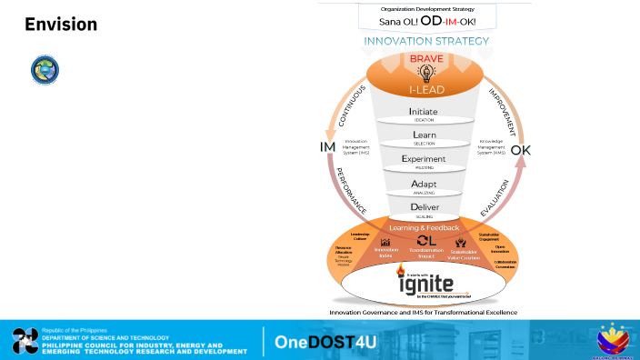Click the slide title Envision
[60, 25]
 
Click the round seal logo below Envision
[43, 70]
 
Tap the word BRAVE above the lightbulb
[425, 58]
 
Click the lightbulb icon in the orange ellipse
[425, 74]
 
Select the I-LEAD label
[425, 90]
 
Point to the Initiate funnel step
[424, 114]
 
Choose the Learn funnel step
[425, 136]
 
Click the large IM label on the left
[327, 148]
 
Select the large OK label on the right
[522, 150]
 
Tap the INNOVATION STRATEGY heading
[426, 41]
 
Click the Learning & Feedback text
[424, 227]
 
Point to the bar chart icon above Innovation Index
[385, 242]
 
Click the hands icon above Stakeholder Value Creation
[464, 242]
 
